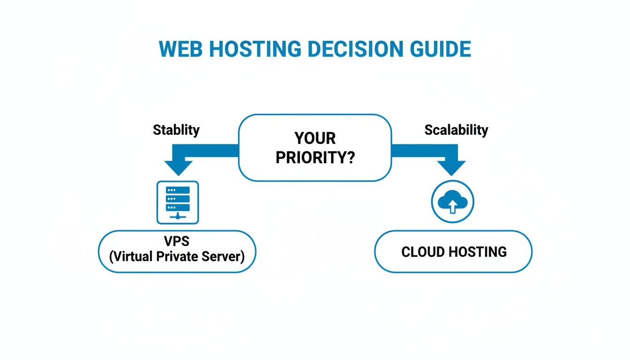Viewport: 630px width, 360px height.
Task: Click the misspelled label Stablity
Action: coord(176,130)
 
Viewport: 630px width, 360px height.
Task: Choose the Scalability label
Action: coord(456,130)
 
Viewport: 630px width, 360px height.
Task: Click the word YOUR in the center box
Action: coord(315,138)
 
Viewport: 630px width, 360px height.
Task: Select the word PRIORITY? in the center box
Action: coord(315,157)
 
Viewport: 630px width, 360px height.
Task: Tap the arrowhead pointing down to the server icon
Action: coord(178,167)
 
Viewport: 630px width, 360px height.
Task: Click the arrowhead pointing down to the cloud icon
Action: coord(451,167)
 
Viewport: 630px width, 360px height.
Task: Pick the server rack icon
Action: coord(178,202)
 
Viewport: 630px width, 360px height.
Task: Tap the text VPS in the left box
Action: coord(177,241)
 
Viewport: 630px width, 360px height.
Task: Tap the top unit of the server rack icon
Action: coord(178,190)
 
